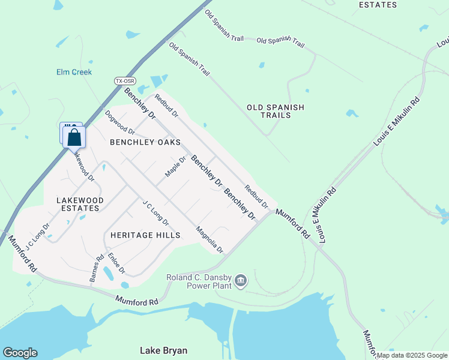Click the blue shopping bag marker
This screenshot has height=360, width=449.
[74, 137]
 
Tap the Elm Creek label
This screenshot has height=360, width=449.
[74, 72]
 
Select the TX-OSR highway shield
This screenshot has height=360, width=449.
[125, 80]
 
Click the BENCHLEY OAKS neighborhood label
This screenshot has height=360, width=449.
[145, 143]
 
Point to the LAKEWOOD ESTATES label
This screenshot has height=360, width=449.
[80, 204]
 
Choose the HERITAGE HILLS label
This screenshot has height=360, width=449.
[145, 235]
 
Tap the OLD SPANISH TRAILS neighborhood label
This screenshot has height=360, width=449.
[276, 112]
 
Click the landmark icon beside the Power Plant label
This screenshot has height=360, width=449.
[240, 280]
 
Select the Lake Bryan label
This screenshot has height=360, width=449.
[163, 350]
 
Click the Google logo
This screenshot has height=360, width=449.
[20, 353]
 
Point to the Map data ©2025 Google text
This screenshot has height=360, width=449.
[412, 355]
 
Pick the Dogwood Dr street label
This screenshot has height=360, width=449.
[119, 122]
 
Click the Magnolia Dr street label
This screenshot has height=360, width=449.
[210, 239]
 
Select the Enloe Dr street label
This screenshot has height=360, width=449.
[116, 263]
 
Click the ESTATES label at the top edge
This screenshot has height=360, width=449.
[378, 5]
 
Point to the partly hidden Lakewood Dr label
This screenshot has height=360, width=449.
[84, 165]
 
